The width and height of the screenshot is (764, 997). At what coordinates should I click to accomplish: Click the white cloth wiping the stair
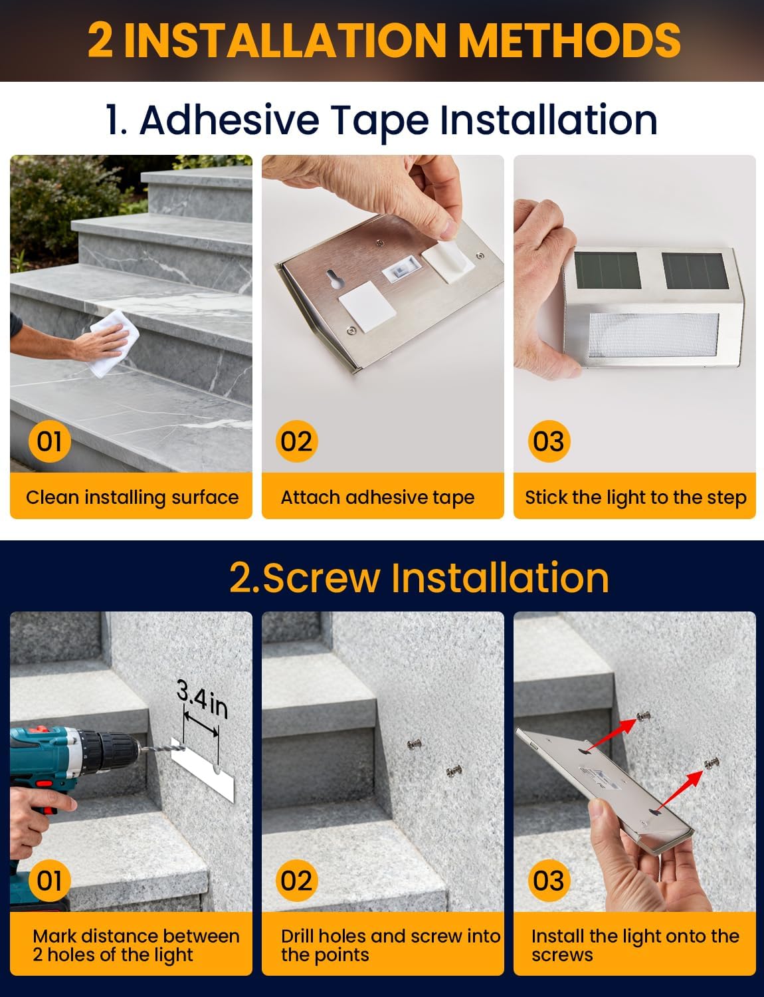coord(109,342)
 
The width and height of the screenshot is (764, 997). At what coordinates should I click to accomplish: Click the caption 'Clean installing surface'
coord(132,497)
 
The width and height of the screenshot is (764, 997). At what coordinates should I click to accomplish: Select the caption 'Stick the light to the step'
coord(635,497)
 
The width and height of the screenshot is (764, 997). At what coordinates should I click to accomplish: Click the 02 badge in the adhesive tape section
coord(296,441)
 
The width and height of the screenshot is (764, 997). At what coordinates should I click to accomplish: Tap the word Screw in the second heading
coord(322,577)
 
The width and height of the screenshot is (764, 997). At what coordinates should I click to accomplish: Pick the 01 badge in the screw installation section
coord(49,881)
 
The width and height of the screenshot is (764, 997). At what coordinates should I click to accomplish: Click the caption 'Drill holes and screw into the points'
coord(390,945)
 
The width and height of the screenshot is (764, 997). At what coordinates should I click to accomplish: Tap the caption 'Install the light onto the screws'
coord(634,945)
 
